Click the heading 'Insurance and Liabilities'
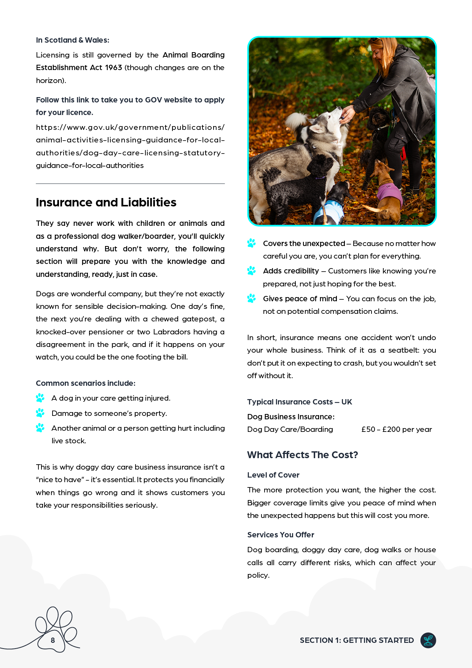(106, 202)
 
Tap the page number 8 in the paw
(53, 640)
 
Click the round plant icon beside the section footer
(428, 640)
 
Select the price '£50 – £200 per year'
(397, 429)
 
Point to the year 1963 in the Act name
(113, 67)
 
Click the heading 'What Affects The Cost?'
(303, 455)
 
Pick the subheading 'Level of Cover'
(273, 475)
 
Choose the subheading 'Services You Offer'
(281, 535)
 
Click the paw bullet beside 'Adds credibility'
(252, 271)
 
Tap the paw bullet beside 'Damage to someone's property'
(40, 413)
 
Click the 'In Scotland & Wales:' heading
(72, 40)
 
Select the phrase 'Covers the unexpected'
(304, 243)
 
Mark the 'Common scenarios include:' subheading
(86, 383)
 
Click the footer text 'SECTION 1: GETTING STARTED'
(357, 640)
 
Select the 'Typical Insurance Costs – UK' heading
(300, 402)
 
